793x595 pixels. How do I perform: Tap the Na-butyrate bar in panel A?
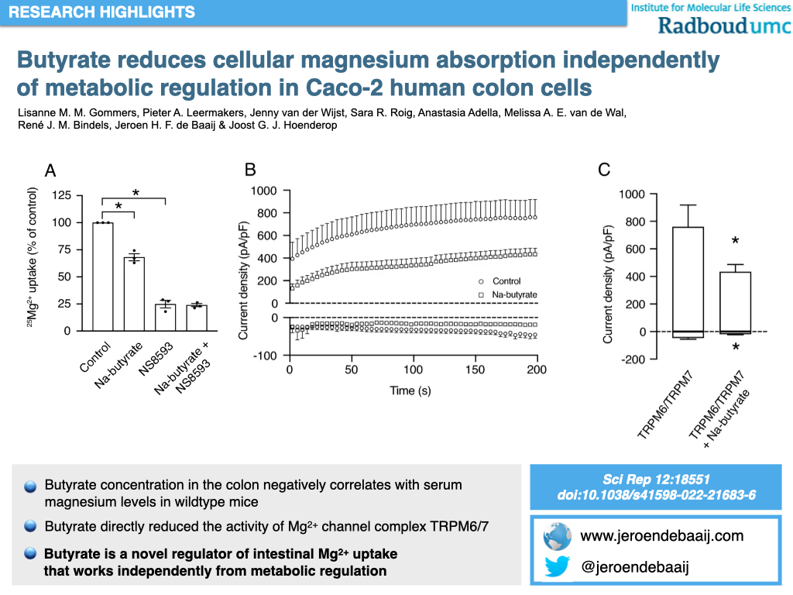click(x=135, y=294)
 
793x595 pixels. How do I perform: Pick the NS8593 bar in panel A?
click(x=165, y=318)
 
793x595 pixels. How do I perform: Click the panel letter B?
click(x=249, y=170)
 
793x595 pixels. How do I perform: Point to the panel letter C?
click(x=604, y=170)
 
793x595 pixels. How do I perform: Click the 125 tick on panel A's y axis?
click(x=61, y=195)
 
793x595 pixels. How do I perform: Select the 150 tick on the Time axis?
click(x=475, y=370)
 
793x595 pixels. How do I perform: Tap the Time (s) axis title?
click(x=410, y=390)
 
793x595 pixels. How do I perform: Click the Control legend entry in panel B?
click(x=505, y=281)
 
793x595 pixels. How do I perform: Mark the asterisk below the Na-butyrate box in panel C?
click(x=735, y=347)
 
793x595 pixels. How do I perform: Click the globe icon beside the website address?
click(x=558, y=536)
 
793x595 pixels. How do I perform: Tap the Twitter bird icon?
click(x=558, y=567)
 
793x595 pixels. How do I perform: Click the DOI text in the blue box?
click(x=656, y=495)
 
